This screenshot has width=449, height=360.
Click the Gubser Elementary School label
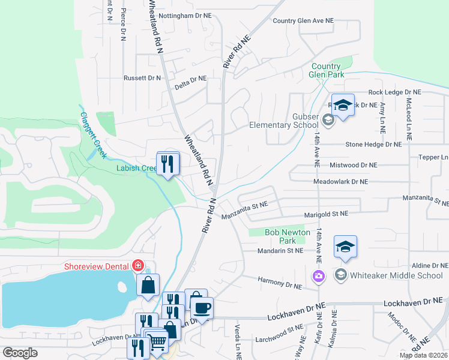click(x=284, y=121)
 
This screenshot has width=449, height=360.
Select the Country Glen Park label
click(x=327, y=70)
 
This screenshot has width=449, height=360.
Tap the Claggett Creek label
click(x=94, y=136)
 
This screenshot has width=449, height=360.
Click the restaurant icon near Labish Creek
click(x=167, y=163)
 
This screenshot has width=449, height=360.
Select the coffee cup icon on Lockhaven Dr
click(x=201, y=308)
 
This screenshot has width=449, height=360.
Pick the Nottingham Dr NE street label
click(x=183, y=16)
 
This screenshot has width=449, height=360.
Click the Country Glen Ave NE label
click(x=303, y=21)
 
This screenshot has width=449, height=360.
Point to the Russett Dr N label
click(x=142, y=78)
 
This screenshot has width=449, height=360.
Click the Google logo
click(x=20, y=353)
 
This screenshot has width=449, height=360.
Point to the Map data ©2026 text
click(x=423, y=355)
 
